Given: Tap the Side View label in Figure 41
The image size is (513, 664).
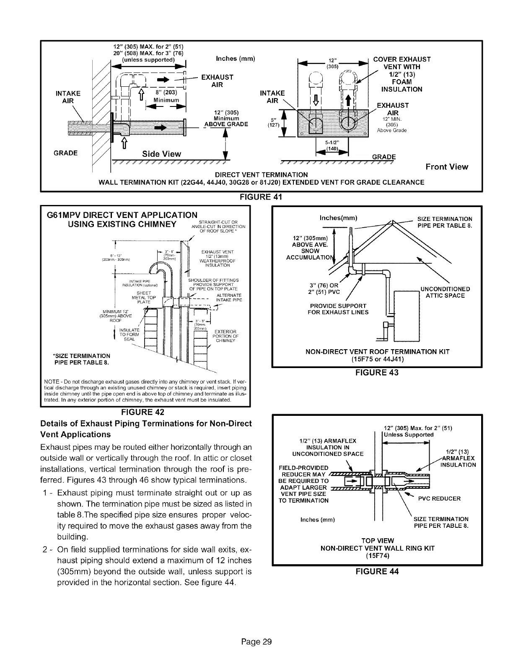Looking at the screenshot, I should point(161,154).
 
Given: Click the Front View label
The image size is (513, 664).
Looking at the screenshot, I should point(447,167).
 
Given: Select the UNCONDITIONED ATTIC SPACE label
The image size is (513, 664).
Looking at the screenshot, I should point(445,292).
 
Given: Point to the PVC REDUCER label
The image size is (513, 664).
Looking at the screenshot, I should point(439,498).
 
